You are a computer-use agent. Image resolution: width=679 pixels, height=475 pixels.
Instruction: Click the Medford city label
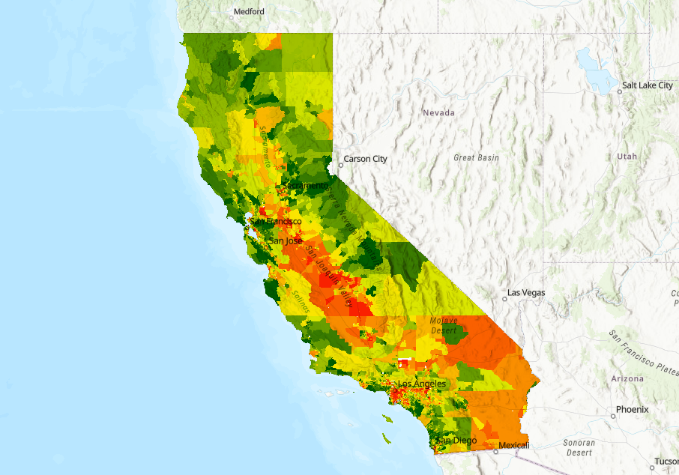point(249,12)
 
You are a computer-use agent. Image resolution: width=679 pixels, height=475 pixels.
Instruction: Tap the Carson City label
point(365,159)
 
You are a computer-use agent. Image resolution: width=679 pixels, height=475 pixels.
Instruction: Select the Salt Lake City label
point(649,86)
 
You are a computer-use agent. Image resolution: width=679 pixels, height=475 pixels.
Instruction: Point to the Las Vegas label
point(527,292)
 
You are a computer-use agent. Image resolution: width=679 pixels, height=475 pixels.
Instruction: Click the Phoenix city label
point(632,410)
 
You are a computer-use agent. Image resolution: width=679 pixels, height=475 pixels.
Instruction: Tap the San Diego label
point(456,441)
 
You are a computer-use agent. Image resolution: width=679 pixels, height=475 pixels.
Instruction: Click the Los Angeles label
point(422,384)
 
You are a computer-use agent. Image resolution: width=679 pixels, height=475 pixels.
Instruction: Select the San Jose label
point(286,241)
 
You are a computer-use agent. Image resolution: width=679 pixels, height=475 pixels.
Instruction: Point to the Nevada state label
point(439,112)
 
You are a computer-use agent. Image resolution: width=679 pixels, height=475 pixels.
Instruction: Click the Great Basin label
point(476,158)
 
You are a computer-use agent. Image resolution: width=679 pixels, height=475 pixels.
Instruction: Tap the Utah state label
point(627,157)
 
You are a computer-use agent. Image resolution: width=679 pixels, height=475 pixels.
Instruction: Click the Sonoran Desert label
point(579,448)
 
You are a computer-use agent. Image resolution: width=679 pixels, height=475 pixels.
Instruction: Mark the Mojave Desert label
point(444,325)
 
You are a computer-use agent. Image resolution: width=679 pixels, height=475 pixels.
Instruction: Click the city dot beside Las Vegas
point(505,298)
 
